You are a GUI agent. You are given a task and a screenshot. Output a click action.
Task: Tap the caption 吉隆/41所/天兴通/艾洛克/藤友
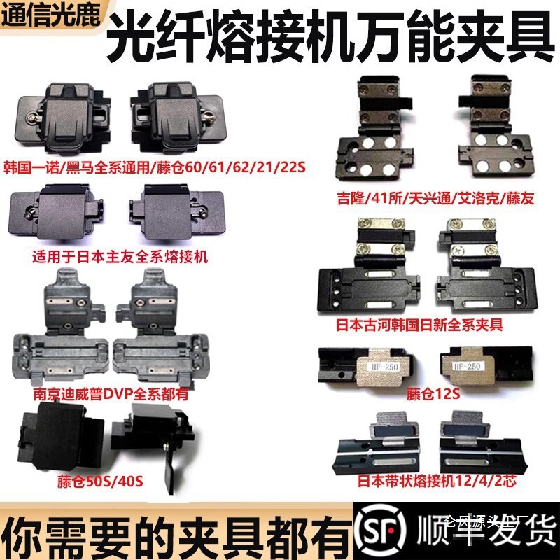[435, 199]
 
